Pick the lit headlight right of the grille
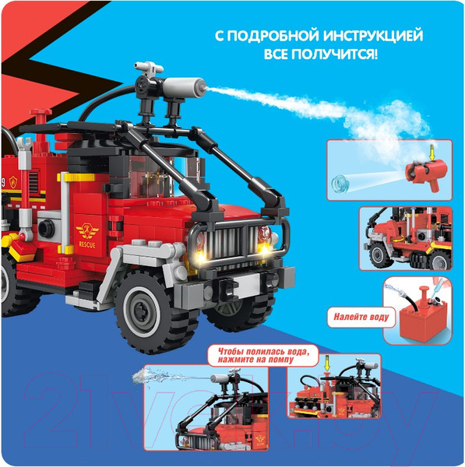pyautogui.click(x=269, y=247)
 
